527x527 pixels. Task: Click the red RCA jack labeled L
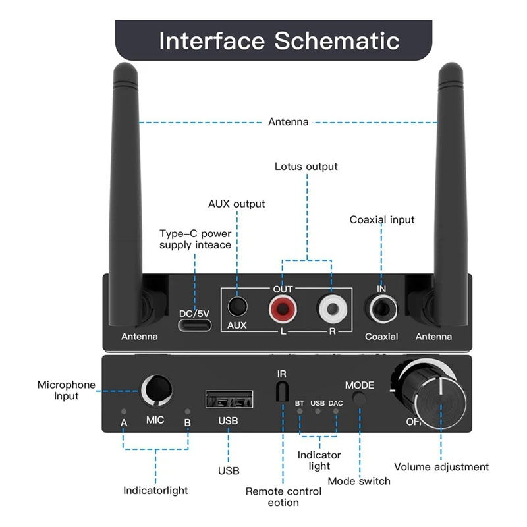point(282,307)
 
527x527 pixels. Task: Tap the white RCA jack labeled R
point(331,307)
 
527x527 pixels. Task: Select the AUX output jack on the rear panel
point(237,308)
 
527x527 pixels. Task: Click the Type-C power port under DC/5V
point(195,325)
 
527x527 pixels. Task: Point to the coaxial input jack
point(382,308)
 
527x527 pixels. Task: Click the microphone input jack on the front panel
point(155,389)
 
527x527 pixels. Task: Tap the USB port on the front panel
point(229,399)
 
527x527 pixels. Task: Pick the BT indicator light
point(300,412)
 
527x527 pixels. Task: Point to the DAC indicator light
point(336,412)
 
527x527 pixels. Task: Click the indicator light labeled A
point(123,412)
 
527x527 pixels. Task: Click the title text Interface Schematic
point(279,40)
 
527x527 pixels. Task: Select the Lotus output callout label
point(306,167)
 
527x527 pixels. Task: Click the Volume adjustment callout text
point(441,467)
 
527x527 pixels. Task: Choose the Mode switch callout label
point(358,481)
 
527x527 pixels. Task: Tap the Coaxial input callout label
point(382,219)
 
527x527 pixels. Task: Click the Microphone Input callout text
point(67,390)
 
